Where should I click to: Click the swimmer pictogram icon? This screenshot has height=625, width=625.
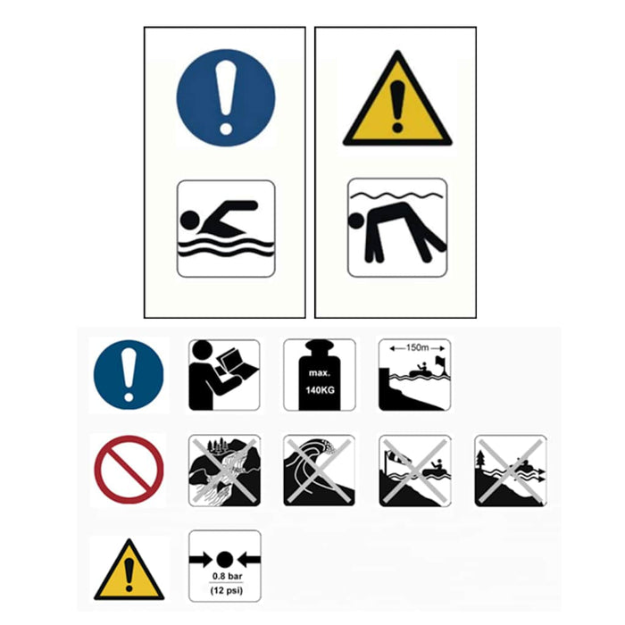click(226, 229)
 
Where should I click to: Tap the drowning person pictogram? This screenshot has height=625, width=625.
click(397, 228)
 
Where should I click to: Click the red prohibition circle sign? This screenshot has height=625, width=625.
click(129, 470)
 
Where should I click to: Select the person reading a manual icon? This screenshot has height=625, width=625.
click(224, 375)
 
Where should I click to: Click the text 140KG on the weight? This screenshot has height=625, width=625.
click(320, 390)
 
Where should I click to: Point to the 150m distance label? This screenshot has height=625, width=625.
click(417, 347)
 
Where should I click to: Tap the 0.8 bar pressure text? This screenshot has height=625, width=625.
click(227, 576)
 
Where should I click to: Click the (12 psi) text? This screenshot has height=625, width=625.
click(227, 590)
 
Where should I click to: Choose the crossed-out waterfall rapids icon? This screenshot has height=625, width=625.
click(224, 471)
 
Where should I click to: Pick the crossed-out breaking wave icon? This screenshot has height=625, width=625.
click(320, 471)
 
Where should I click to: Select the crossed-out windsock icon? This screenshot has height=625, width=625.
click(415, 471)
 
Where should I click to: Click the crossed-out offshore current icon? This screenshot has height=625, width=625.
click(511, 471)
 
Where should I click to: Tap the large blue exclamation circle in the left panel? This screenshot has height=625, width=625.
click(226, 97)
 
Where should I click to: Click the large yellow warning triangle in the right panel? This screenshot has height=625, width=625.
click(397, 98)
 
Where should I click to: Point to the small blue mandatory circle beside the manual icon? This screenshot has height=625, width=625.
click(129, 375)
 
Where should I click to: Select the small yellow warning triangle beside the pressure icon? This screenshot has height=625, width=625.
click(129, 570)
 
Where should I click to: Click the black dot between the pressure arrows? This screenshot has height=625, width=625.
click(224, 560)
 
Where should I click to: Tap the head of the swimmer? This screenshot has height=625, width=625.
click(189, 220)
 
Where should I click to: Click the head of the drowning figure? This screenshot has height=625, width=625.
click(356, 221)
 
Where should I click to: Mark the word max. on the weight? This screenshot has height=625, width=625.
click(320, 373)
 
